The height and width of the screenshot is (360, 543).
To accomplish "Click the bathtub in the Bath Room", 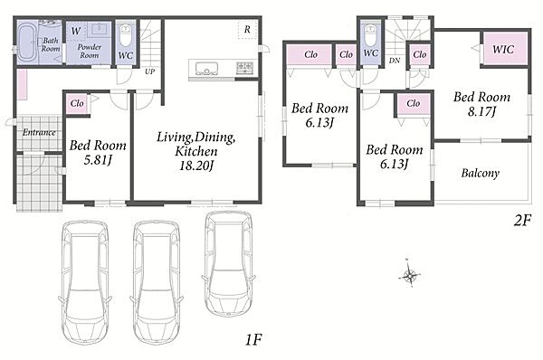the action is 26,43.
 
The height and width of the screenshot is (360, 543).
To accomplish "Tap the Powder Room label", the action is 90,51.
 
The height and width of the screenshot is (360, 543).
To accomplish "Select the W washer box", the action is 75,31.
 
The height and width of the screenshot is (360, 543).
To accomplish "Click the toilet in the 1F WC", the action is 125,35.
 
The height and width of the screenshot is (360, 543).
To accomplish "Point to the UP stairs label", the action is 149,71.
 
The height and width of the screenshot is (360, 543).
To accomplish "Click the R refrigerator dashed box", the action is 247,30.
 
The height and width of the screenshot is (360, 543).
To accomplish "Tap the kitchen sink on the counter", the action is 206,68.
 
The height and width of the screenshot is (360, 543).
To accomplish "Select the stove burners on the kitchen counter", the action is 245,67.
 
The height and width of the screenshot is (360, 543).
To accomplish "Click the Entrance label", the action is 39,132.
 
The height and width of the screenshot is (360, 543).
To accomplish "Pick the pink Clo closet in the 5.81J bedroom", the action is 77,103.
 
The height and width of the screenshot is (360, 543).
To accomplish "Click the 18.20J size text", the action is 196,166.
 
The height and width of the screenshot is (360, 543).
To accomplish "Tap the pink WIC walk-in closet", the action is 505,49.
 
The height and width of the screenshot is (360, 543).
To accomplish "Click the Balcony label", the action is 481,173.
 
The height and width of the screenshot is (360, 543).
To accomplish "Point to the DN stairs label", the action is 395,61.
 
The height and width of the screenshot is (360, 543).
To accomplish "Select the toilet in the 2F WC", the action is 370,35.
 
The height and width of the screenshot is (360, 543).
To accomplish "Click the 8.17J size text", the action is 481,111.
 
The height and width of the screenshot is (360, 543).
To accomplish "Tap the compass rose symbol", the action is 410,275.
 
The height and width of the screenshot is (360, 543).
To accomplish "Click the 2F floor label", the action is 522,220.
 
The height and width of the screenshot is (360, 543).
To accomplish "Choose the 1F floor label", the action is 253,340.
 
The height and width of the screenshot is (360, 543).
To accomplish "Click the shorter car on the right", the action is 228,263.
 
